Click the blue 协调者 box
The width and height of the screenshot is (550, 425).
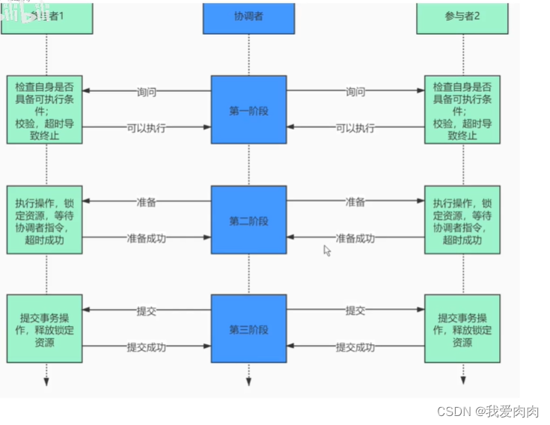coord(248,17)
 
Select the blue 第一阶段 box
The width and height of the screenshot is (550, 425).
coord(248,110)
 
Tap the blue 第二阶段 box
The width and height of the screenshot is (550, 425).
coord(248,221)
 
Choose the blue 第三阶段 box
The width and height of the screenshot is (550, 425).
coord(248,330)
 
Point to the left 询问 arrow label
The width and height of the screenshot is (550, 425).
coord(147,92)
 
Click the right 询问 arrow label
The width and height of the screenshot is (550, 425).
coord(355,92)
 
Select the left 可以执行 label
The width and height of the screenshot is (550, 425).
coord(146,128)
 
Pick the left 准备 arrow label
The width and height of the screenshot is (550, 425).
coord(147,202)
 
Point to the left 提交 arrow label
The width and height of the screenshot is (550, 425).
coord(147,311)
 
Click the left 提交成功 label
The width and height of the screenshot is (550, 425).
coord(146,347)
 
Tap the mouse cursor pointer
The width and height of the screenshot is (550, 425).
coord(327,251)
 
